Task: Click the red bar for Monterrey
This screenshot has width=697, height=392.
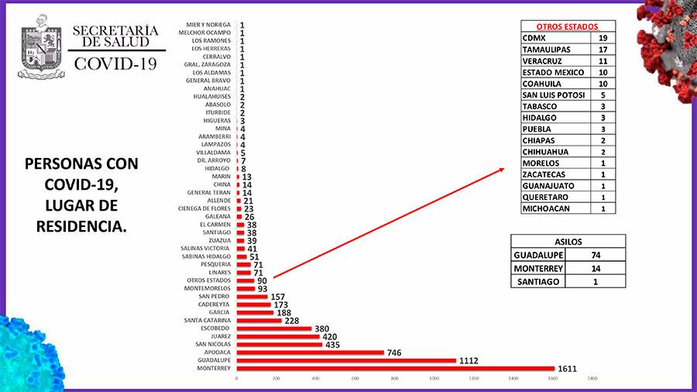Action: coord(395,368)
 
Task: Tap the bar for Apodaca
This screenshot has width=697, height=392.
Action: coord(310,352)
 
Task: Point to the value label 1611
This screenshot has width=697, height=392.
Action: coord(568,368)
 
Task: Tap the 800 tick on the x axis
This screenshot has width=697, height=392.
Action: coord(394,379)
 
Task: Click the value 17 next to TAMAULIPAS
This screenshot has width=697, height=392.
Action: coord(604,49)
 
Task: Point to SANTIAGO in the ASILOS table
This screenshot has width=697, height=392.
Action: coord(538,282)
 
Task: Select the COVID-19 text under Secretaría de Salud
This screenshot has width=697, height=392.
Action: coord(115,64)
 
